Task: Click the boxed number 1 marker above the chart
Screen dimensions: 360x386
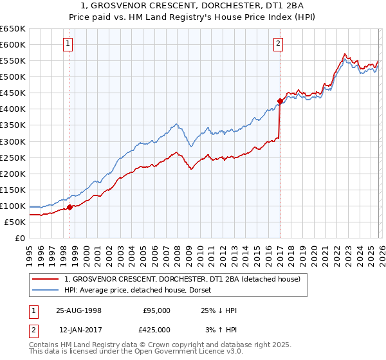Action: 68,44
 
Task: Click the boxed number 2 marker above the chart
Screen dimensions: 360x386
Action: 278,44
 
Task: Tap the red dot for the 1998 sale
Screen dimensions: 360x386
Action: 70,207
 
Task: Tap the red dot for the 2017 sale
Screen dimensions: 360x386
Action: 280,100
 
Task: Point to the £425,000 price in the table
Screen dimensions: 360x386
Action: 156,330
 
